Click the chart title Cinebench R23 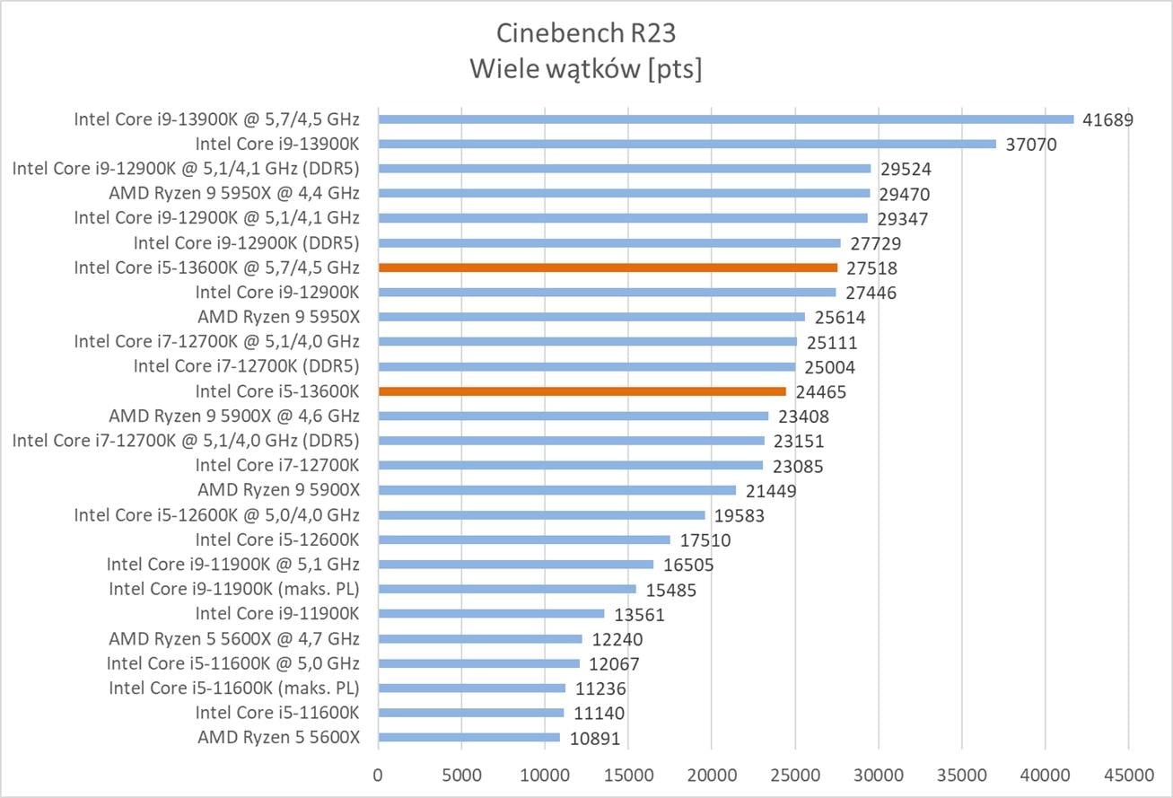coord(586,33)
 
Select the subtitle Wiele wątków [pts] coord(586,69)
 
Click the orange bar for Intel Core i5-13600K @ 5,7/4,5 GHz coord(608,267)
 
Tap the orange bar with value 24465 coord(582,391)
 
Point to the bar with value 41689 coord(726,119)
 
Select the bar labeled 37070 coord(687,144)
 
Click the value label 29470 coord(903,194)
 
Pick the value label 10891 coord(593,738)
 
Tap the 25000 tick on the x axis coord(795,773)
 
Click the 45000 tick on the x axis coord(1128,773)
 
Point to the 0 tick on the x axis coord(379,773)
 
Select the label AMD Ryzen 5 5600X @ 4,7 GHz coord(234,639)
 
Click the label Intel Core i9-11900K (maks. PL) coord(234,589)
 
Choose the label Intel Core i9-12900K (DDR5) coord(247,242)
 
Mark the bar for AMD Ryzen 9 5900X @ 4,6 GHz coord(573,416)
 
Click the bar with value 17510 coord(524,539)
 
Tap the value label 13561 coord(639,615)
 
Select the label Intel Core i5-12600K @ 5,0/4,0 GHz coord(216,515)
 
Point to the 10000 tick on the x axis coord(545,773)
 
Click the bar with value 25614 coord(591,317)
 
